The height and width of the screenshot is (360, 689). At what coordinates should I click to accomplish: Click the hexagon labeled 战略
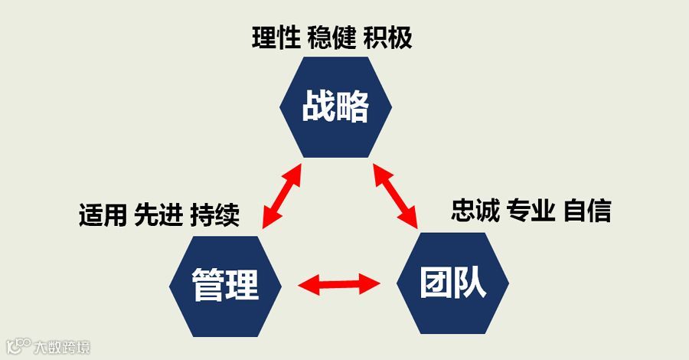point(335,107)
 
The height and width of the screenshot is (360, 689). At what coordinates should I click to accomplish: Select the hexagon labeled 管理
point(225,286)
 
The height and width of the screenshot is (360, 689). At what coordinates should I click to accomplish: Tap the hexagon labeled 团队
point(452,284)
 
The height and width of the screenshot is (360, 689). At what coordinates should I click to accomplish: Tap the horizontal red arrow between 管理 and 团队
point(339,286)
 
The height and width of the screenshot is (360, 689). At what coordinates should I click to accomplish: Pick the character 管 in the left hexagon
point(207,286)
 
